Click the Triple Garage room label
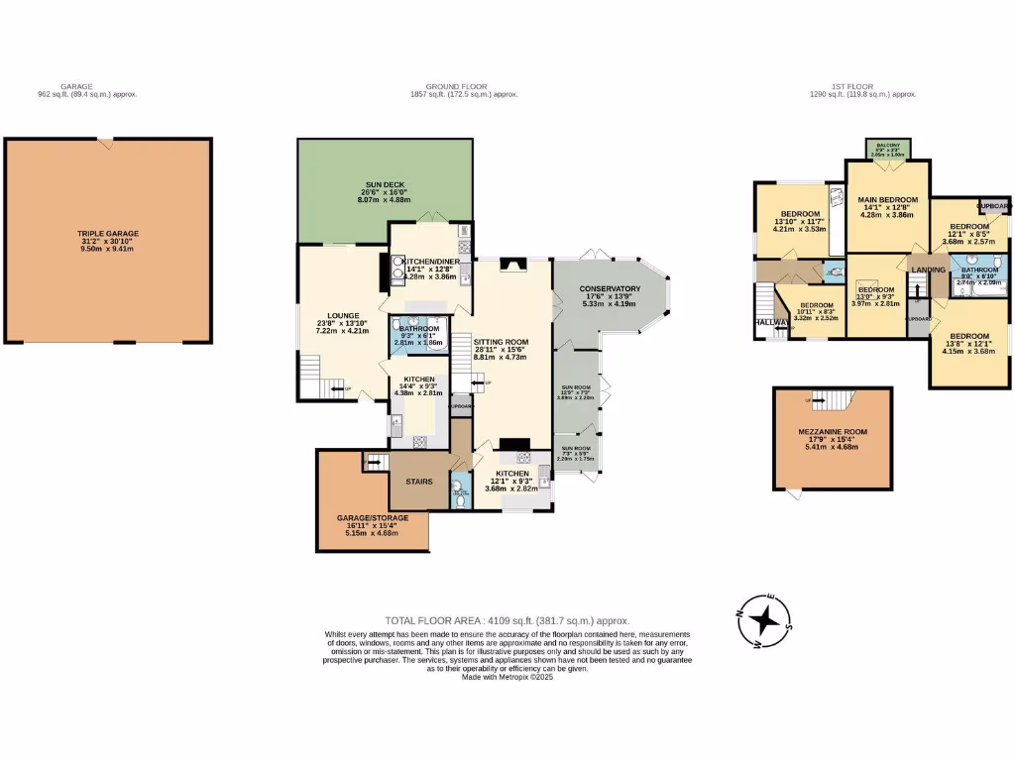click(109, 234)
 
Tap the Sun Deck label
click(384, 185)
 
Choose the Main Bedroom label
click(887, 200)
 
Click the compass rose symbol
click(765, 621)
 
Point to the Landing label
click(929, 269)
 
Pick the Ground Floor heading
click(465, 87)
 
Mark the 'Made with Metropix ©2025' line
click(507, 677)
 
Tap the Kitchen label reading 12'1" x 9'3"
click(513, 474)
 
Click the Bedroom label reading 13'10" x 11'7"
click(799, 215)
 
